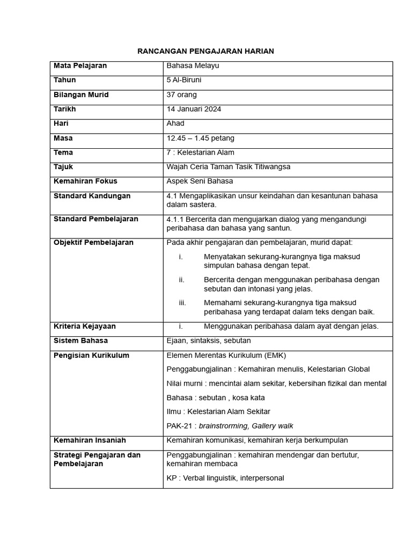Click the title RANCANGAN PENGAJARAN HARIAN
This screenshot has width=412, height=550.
click(x=205, y=51)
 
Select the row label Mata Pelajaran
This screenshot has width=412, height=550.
click(x=80, y=66)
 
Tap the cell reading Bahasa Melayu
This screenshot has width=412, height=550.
click(x=193, y=66)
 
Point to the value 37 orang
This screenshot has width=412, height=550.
click(x=181, y=95)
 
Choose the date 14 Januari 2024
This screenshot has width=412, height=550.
click(x=194, y=109)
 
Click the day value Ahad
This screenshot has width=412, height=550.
click(x=175, y=124)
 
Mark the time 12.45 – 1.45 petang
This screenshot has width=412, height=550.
click(x=200, y=138)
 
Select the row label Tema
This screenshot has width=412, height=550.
click(x=63, y=153)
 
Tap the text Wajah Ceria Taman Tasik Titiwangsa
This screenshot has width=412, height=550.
click(x=228, y=167)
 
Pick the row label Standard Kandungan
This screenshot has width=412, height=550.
click(x=92, y=196)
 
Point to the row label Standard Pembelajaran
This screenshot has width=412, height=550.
click(x=95, y=219)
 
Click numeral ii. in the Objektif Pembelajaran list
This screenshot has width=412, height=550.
click(x=182, y=280)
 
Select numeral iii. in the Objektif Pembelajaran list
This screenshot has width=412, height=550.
click(x=182, y=303)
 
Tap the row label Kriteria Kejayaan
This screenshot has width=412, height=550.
click(x=84, y=326)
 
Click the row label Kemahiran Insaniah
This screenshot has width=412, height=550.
click(x=90, y=440)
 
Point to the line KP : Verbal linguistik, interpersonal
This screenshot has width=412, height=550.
click(x=225, y=478)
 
